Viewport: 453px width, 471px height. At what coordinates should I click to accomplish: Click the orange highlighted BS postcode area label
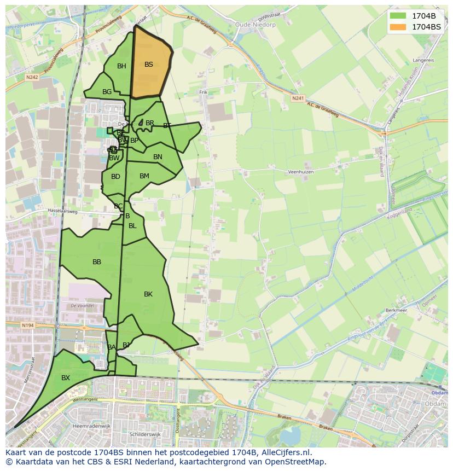click(x=149, y=65)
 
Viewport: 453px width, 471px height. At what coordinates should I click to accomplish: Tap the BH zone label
click(x=121, y=66)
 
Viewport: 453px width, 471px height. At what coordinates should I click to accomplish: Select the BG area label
click(x=107, y=92)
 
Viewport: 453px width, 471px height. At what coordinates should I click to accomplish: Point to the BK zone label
click(x=148, y=294)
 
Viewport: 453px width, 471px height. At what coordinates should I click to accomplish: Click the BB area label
click(x=97, y=262)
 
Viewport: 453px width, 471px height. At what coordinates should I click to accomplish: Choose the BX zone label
click(x=66, y=378)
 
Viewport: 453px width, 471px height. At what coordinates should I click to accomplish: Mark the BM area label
click(x=144, y=176)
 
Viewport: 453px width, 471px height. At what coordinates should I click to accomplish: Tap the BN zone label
click(x=158, y=157)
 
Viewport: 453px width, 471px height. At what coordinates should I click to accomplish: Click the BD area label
click(x=115, y=177)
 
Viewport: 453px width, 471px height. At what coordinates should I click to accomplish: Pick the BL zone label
click(x=132, y=226)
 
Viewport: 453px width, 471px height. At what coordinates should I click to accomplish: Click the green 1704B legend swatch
click(x=398, y=16)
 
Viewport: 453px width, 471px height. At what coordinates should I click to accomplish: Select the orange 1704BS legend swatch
click(x=398, y=26)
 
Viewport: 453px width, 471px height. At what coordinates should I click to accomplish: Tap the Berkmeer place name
click(x=397, y=310)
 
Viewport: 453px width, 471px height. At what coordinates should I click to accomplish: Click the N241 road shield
click(x=298, y=98)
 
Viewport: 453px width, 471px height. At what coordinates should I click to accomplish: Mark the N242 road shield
click(x=31, y=78)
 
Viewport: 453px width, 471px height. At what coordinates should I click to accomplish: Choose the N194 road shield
click(x=28, y=325)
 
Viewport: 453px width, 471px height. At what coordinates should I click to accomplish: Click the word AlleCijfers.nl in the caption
click(x=284, y=453)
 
